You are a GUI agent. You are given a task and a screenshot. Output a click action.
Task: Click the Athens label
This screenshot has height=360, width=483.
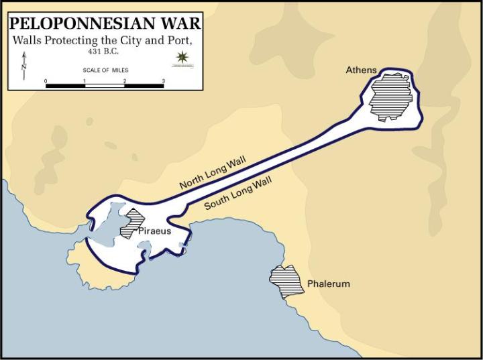coord(361,70)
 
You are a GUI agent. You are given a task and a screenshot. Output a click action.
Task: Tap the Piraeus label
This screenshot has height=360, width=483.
coord(155,231)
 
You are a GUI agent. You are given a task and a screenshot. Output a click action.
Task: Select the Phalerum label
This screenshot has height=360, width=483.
coord(329,284)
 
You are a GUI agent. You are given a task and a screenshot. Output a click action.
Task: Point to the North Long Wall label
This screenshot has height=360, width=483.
coord(213,174)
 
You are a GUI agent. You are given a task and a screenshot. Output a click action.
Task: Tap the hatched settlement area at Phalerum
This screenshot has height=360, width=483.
coord(284,281)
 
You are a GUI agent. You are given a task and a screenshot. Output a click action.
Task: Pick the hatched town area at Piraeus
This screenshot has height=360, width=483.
coord(133,224)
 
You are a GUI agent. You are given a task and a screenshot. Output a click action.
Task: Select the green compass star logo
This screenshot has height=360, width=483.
coord(180,58)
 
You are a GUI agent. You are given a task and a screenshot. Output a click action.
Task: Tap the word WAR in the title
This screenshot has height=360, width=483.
coord(177,22)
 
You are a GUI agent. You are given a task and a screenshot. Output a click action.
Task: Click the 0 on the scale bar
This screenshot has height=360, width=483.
coord(46,80)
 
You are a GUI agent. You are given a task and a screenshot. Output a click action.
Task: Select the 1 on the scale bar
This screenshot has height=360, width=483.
coord(85,80)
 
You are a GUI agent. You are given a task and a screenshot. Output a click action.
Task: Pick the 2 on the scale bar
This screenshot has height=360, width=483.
coord(124,80)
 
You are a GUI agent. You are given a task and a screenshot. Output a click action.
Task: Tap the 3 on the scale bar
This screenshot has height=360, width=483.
coord(164,80)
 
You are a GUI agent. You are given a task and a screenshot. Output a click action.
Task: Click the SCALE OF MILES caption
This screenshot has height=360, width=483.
coord(105,70)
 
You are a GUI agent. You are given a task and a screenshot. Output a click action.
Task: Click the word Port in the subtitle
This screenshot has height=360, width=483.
coord(180,40)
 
